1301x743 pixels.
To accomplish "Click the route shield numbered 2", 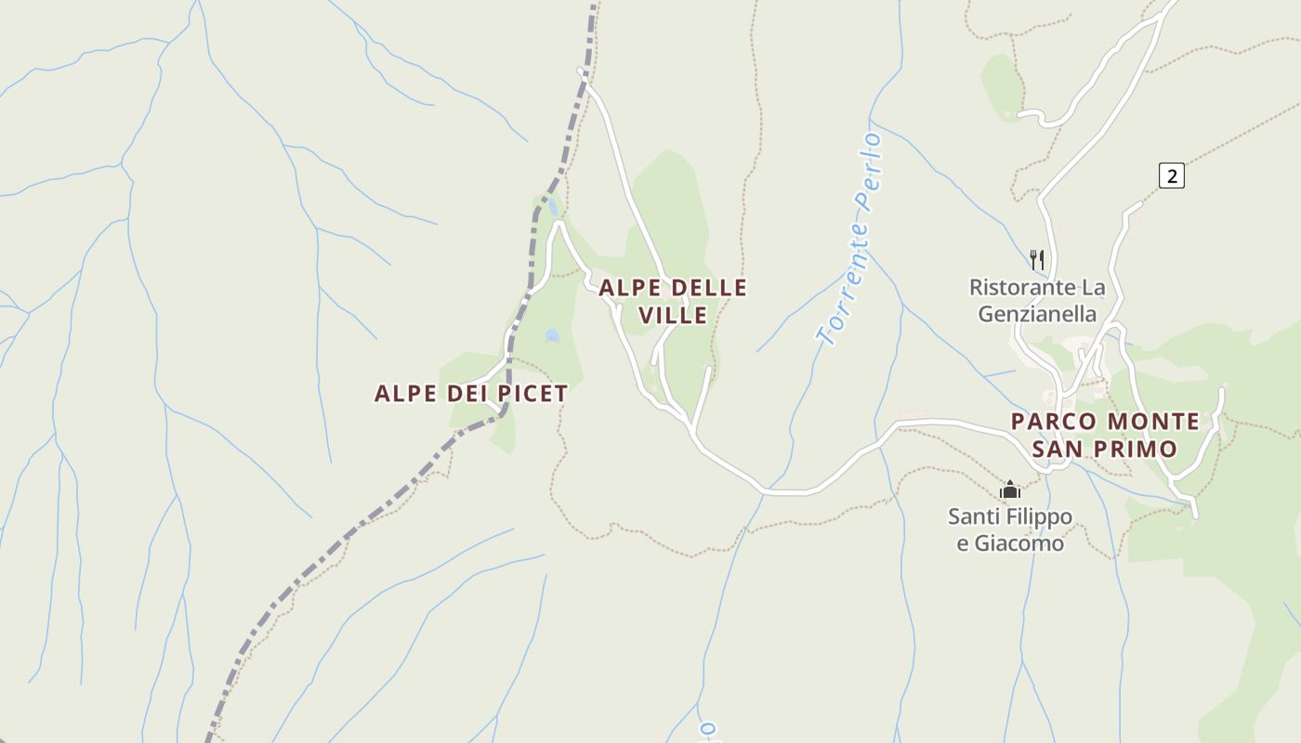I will (1172, 175).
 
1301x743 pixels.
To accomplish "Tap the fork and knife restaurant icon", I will (1037, 259).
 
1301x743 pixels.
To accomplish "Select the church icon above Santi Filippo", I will (1010, 489).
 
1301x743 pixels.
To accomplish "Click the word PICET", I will (532, 394).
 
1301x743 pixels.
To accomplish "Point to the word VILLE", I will (673, 316).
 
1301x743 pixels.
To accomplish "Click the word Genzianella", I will (1037, 314).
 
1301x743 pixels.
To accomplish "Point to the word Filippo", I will (1037, 516).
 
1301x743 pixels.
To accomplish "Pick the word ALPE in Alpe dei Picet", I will (405, 394).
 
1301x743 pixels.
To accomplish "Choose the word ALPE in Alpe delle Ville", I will (629, 288).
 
